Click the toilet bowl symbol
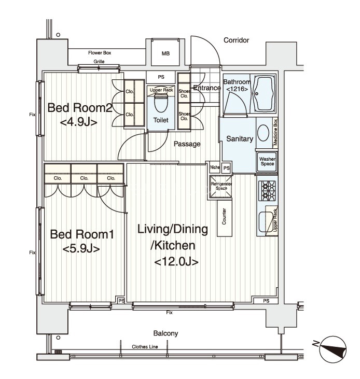click(161, 104)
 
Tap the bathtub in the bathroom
click(263, 93)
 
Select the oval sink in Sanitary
click(263, 133)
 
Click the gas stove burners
click(267, 191)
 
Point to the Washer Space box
click(267, 161)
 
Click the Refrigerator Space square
click(221, 187)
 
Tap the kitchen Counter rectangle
click(225, 218)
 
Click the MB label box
click(165, 53)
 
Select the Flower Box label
click(100, 53)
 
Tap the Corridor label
click(236, 40)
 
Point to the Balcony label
click(165, 333)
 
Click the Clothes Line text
click(145, 347)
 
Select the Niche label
click(215, 167)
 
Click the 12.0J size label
click(176, 261)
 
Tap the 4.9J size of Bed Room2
click(78, 122)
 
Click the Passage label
click(187, 144)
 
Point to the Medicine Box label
click(275, 132)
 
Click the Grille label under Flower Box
click(99, 62)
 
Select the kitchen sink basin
click(266, 222)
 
